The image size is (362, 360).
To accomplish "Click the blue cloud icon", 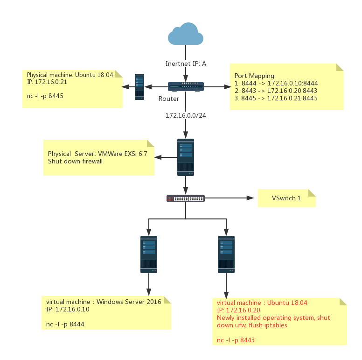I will click(x=186, y=34).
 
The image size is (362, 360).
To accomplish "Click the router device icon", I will click(x=186, y=86).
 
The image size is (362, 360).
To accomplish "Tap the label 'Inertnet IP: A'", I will click(x=186, y=64).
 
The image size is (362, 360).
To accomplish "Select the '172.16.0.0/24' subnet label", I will click(x=186, y=115).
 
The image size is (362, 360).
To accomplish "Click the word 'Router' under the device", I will click(x=169, y=99).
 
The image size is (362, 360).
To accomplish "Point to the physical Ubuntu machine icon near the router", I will click(x=139, y=86).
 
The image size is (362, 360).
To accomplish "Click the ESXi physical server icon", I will click(x=186, y=157).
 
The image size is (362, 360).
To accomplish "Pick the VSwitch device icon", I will click(x=186, y=198).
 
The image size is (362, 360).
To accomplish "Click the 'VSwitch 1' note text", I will click(x=286, y=198).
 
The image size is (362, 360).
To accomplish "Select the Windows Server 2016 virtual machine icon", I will click(x=149, y=254).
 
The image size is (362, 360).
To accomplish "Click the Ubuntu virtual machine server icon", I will click(x=226, y=254).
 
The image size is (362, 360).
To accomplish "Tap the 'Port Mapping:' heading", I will click(x=255, y=76).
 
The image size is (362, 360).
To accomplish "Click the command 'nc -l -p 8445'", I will click(x=45, y=96).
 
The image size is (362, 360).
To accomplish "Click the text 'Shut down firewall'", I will click(x=75, y=162).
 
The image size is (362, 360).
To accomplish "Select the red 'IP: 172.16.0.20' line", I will click(x=238, y=310).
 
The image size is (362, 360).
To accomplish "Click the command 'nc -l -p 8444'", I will click(x=65, y=324).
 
